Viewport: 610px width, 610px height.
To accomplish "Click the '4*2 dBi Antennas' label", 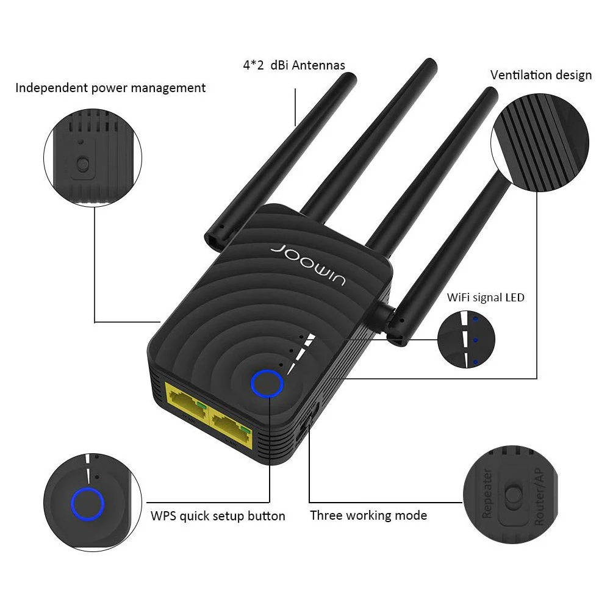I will [x=293, y=65].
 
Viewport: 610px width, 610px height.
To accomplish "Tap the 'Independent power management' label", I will [x=110, y=88].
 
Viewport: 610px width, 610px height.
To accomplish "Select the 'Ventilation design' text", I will [x=540, y=75].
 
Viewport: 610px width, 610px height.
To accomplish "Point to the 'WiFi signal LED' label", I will [x=486, y=298].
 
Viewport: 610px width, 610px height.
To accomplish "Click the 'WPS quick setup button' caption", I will [x=218, y=516].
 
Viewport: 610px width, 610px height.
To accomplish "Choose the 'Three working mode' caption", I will [x=368, y=515].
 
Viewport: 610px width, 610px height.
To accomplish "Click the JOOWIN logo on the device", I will [x=308, y=262].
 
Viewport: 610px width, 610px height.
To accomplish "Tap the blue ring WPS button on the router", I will [x=267, y=384].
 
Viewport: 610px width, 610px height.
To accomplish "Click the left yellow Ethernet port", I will [x=186, y=404].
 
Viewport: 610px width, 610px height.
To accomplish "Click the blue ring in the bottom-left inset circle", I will [x=87, y=504].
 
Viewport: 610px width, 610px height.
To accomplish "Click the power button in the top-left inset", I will [x=83, y=165].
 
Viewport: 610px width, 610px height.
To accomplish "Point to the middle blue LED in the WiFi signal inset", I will [x=474, y=340].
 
